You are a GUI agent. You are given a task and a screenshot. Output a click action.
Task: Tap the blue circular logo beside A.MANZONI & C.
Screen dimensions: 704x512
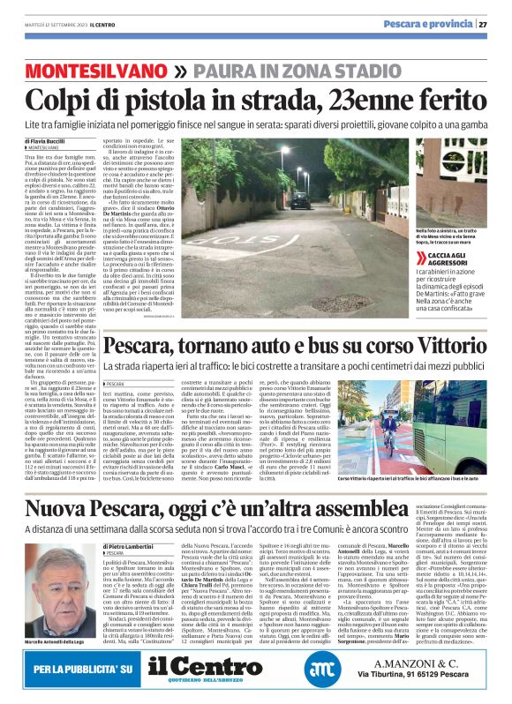point(351,668)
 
